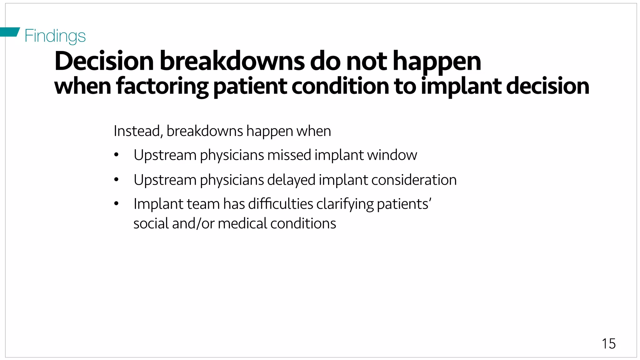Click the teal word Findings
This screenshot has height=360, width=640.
[x=55, y=36]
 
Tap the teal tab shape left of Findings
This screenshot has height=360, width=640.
[x=9, y=32]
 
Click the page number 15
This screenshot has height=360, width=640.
[x=608, y=344]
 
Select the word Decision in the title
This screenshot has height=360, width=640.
[x=104, y=61]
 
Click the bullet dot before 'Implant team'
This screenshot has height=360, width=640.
[x=117, y=204]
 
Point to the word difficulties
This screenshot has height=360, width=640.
[x=281, y=204]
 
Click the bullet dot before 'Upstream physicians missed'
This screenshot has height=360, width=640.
[x=117, y=155]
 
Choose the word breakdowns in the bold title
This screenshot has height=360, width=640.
[x=232, y=61]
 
